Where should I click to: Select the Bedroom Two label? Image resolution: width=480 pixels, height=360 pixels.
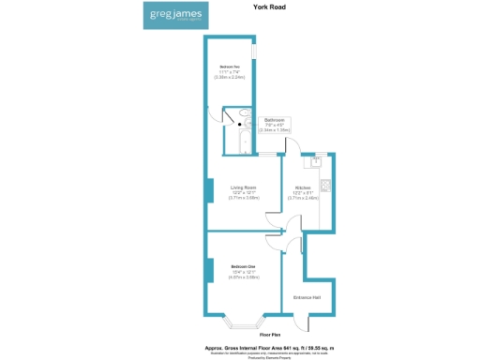pyautogui.click(x=230, y=67)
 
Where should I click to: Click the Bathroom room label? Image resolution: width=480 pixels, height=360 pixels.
pyautogui.click(x=275, y=121)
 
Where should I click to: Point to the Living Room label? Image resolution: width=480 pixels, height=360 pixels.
pyautogui.click(x=243, y=187)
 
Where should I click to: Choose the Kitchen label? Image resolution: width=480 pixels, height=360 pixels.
pyautogui.click(x=303, y=187)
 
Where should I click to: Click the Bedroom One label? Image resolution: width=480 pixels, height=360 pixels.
pyautogui.click(x=243, y=267)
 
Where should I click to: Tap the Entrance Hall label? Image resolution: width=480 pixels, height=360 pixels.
pyautogui.click(x=309, y=297)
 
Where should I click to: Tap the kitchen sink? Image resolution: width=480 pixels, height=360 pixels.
pyautogui.click(x=317, y=161)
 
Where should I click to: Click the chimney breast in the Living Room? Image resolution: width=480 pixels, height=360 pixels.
pyautogui.click(x=206, y=190)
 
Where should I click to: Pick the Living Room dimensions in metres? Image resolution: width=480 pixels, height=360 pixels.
pyautogui.click(x=243, y=198)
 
